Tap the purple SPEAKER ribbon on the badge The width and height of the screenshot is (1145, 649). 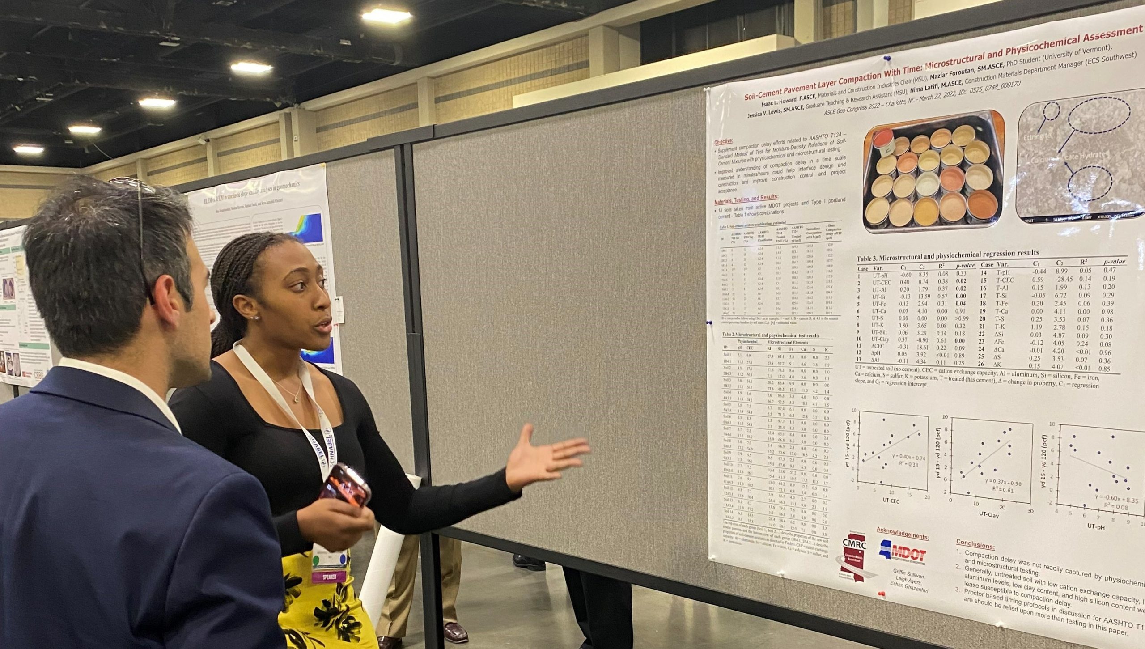point(330,577)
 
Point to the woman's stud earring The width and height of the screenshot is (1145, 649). point(256,317)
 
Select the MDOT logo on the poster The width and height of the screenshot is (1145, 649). point(903,553)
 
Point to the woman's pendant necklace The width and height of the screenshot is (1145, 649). point(296,399)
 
